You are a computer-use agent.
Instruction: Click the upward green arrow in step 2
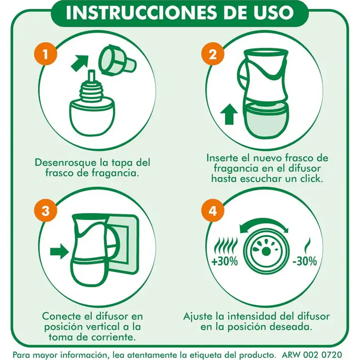pyautogui.click(x=229, y=114)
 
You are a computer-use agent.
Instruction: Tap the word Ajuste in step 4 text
pyautogui.click(x=198, y=316)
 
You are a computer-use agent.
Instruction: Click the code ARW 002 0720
pyautogui.click(x=311, y=354)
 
